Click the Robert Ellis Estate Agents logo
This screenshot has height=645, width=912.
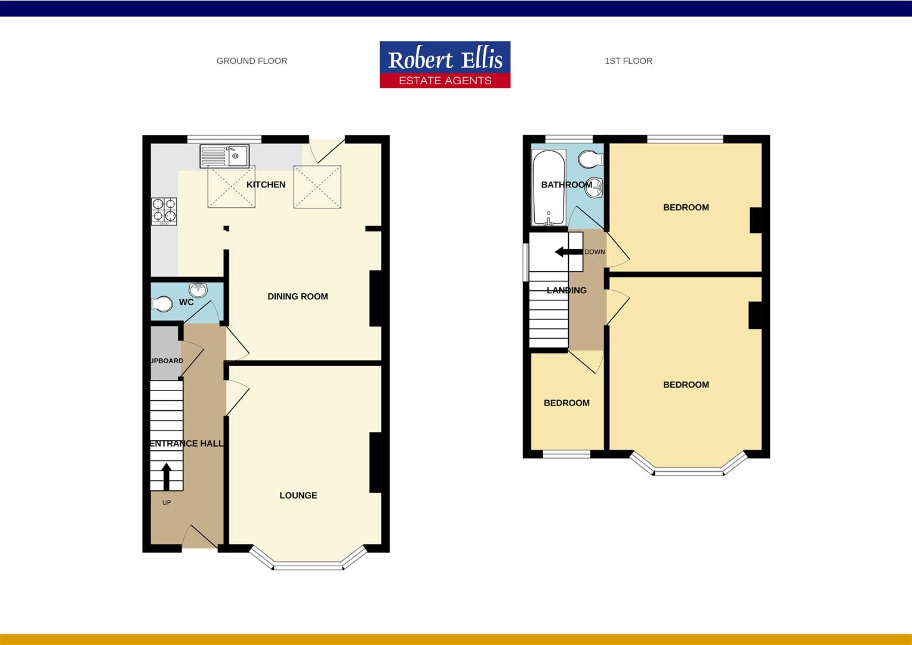tap(445, 64)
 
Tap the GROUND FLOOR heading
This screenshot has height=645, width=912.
tap(251, 61)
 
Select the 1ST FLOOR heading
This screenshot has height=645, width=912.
tap(628, 61)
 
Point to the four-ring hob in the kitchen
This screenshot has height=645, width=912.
tap(164, 211)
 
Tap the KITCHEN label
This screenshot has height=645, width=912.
tap(266, 185)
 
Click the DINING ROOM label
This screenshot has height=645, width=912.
tap(297, 296)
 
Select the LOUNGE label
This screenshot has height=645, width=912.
tap(298, 495)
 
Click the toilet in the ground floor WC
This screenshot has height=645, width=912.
tap(161, 304)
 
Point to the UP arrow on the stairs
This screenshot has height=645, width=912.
tap(166, 476)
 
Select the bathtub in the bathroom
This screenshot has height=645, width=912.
tap(549, 188)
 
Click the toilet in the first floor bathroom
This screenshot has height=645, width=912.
tap(591, 159)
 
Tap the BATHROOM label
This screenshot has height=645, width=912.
tap(566, 185)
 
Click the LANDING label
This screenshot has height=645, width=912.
tap(566, 290)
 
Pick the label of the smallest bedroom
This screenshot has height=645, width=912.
tap(566, 403)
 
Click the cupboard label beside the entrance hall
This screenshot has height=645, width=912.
tap(165, 361)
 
